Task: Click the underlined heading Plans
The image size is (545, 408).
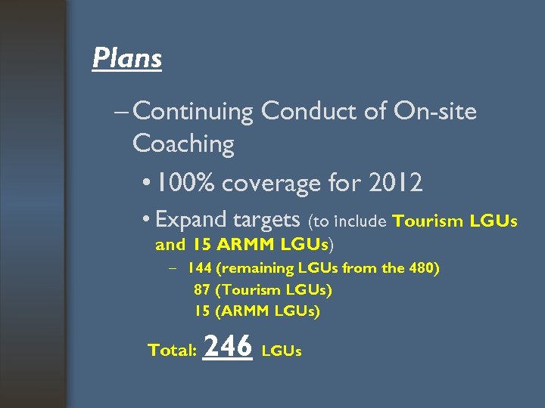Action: point(126,57)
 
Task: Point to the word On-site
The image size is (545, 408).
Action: point(435,112)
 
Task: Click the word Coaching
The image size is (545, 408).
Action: point(183,144)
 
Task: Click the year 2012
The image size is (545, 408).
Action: point(394,182)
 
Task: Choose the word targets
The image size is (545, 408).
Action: point(267,220)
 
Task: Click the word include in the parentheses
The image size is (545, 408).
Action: point(360,222)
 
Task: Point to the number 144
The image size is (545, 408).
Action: point(200,268)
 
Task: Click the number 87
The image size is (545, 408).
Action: point(201,289)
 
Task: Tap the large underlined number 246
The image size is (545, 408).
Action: point(228,346)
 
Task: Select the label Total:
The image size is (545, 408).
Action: point(173,351)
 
